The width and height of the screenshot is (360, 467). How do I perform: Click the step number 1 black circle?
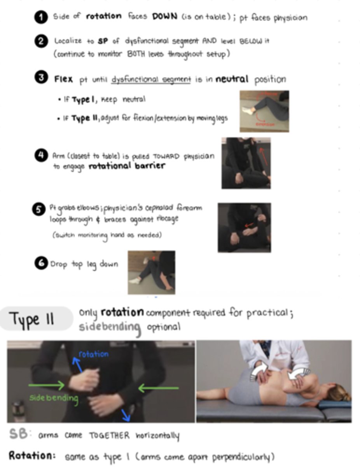click(x=40, y=18)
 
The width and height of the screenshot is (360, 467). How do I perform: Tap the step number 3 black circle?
click(x=40, y=78)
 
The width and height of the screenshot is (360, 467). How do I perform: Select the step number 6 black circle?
click(x=40, y=263)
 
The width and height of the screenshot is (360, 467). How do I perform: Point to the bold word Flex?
click(x=63, y=79)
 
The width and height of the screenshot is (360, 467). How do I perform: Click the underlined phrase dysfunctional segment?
click(x=151, y=79)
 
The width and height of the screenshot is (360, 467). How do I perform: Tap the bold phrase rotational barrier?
click(x=127, y=166)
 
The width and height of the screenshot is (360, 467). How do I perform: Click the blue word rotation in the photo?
click(x=94, y=354)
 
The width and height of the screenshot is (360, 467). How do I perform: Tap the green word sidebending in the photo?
click(x=54, y=398)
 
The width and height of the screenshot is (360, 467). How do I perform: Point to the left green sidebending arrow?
click(x=47, y=386)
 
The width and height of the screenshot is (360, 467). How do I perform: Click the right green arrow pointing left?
click(x=159, y=387)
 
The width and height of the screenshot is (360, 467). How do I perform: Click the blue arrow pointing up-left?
click(x=77, y=365)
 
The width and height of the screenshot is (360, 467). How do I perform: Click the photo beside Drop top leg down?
click(x=151, y=272)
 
